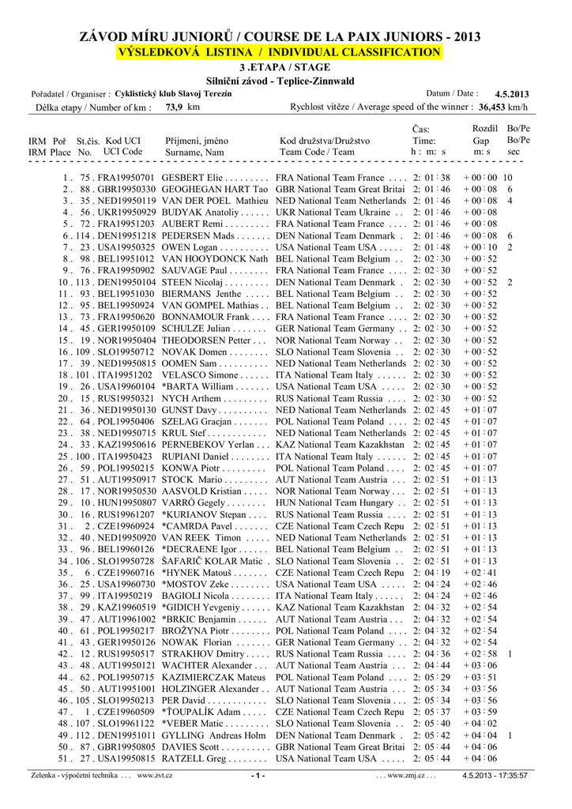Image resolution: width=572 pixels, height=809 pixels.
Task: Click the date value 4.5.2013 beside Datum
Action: tap(511, 94)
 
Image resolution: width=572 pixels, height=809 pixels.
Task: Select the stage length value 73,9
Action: tap(174, 107)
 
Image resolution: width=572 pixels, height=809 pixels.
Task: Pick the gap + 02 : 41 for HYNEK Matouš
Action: tap(480, 573)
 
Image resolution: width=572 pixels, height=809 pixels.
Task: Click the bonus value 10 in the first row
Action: tap(508, 178)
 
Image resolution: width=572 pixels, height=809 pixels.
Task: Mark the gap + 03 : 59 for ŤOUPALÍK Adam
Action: tap(480, 712)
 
